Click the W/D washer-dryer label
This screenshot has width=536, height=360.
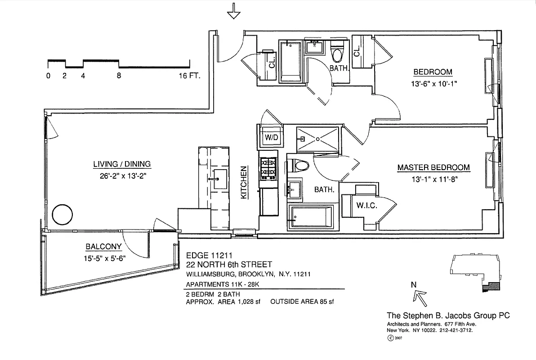coord(271,137)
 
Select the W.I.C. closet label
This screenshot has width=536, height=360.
coord(366,206)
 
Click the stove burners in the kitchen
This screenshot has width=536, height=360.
coord(269,167)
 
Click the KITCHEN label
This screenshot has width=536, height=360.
coord(244,183)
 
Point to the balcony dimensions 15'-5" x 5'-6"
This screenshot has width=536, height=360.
coord(104,258)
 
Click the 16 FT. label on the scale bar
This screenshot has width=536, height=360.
coord(188,76)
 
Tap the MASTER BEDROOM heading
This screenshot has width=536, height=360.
coord(433,167)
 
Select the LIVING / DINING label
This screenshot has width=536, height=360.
coord(122,164)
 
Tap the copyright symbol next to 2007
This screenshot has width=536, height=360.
coord(390,337)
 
